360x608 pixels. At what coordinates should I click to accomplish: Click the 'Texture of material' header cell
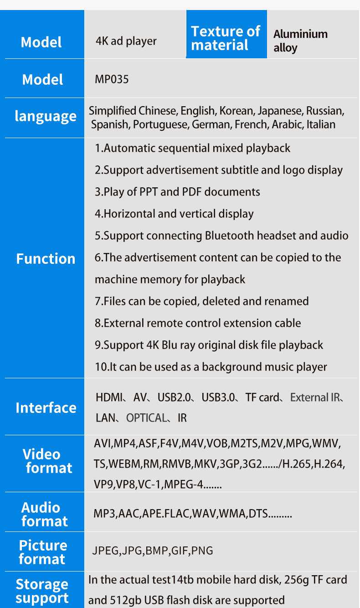226,38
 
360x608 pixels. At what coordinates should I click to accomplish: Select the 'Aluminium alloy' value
300,41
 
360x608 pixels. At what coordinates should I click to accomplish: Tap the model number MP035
112,79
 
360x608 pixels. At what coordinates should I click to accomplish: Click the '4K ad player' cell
126,41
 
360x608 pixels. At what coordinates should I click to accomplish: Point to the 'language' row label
45,117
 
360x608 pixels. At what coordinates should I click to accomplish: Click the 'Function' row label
46,258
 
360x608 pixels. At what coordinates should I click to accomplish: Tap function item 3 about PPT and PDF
177,192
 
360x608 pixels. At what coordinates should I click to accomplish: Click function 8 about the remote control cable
198,323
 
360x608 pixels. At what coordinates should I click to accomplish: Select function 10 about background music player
211,367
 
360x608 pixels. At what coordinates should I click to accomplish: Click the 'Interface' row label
46,407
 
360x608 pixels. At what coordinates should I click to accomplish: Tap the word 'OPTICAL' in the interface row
146,418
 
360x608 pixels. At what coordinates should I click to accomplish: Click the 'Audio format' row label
44,514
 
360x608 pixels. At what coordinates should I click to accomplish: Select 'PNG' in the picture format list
202,551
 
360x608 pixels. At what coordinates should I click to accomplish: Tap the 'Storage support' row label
42,591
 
